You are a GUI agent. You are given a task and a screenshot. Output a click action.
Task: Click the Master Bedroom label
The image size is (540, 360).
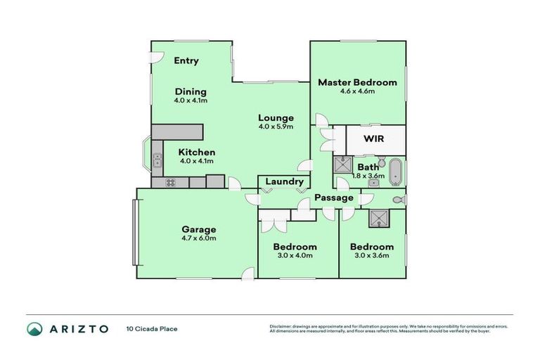[357, 82]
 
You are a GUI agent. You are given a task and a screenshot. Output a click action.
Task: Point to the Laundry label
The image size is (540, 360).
[284, 182]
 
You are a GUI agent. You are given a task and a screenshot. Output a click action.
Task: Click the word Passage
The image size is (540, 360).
[334, 198]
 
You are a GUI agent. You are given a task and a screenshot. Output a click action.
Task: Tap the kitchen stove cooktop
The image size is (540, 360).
[171, 183]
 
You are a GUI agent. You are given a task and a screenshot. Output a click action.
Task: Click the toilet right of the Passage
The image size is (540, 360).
[398, 200]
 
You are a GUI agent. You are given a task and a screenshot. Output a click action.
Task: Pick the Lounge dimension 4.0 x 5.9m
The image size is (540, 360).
[275, 127]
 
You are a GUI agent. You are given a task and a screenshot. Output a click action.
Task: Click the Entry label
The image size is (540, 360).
[186, 61]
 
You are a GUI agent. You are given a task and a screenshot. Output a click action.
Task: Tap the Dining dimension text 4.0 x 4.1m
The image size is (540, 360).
[191, 101]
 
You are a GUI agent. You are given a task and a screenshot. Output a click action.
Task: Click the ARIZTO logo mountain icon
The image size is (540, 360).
[35, 328]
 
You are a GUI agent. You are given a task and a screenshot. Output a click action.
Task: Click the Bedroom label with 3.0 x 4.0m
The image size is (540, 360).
[295, 247]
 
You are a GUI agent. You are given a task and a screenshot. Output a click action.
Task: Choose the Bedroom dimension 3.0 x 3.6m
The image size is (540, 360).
[371, 255]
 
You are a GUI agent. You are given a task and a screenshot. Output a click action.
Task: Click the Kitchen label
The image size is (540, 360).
[196, 153]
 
